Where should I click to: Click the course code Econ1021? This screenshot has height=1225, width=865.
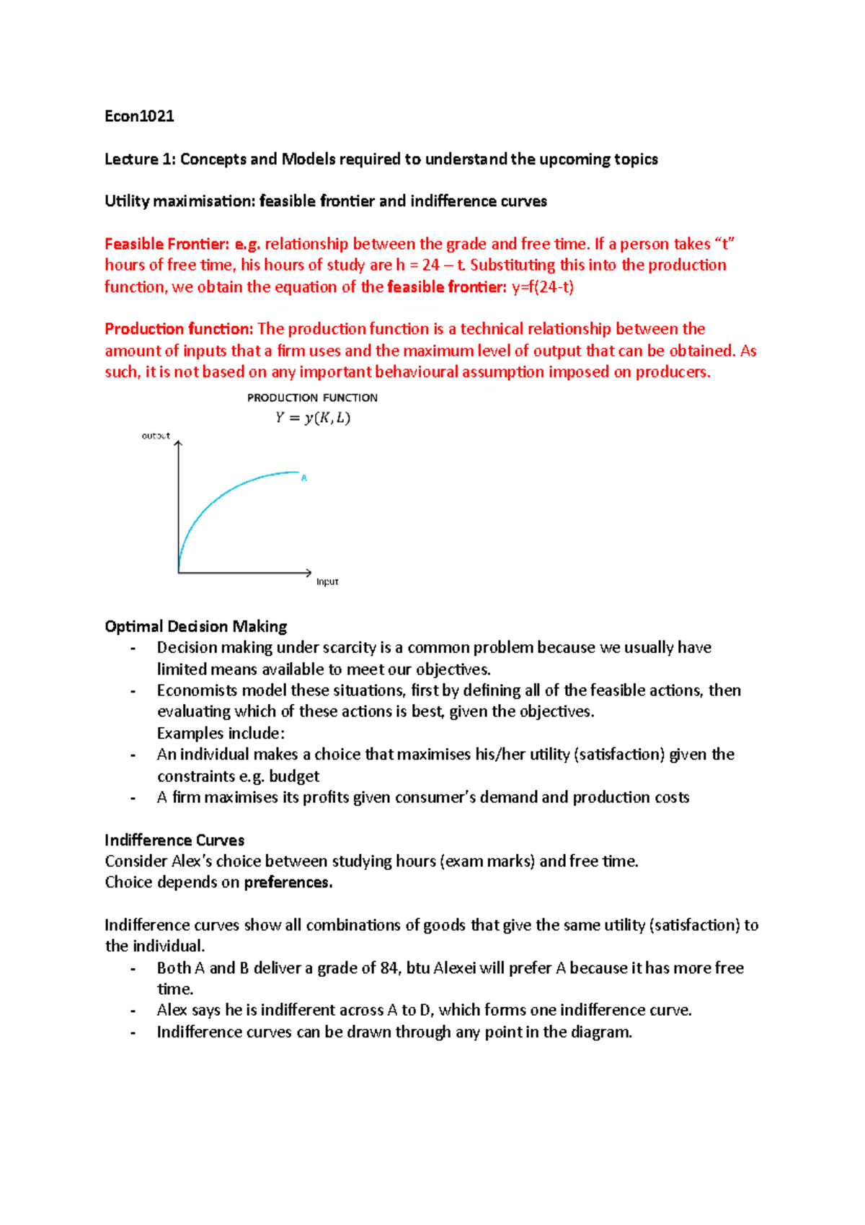pos(139,116)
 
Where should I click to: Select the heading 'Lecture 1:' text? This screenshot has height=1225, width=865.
pos(141,159)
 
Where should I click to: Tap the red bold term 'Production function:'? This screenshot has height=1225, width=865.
pos(178,329)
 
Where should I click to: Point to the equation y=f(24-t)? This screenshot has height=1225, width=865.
pos(542,287)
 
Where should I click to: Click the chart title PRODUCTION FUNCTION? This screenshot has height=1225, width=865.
pos(312,398)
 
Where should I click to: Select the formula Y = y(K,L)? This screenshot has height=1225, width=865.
pos(312,418)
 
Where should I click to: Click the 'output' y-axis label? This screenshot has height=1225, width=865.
pos(156,436)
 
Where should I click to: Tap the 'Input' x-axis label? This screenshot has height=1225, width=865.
pos(327,581)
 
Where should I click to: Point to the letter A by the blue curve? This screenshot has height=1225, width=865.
pos(304,478)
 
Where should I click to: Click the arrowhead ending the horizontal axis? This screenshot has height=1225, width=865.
pos(309,573)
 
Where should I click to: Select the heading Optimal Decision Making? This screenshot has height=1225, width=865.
pos(195,626)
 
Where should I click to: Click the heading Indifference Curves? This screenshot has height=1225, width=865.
pos(174,840)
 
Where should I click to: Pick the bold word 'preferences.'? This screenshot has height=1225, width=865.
pos(288,882)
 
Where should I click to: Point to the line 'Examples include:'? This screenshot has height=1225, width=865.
pos(221,733)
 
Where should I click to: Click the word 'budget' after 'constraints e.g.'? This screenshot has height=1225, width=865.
pos(294,776)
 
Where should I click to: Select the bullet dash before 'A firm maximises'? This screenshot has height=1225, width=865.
pos(133,798)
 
